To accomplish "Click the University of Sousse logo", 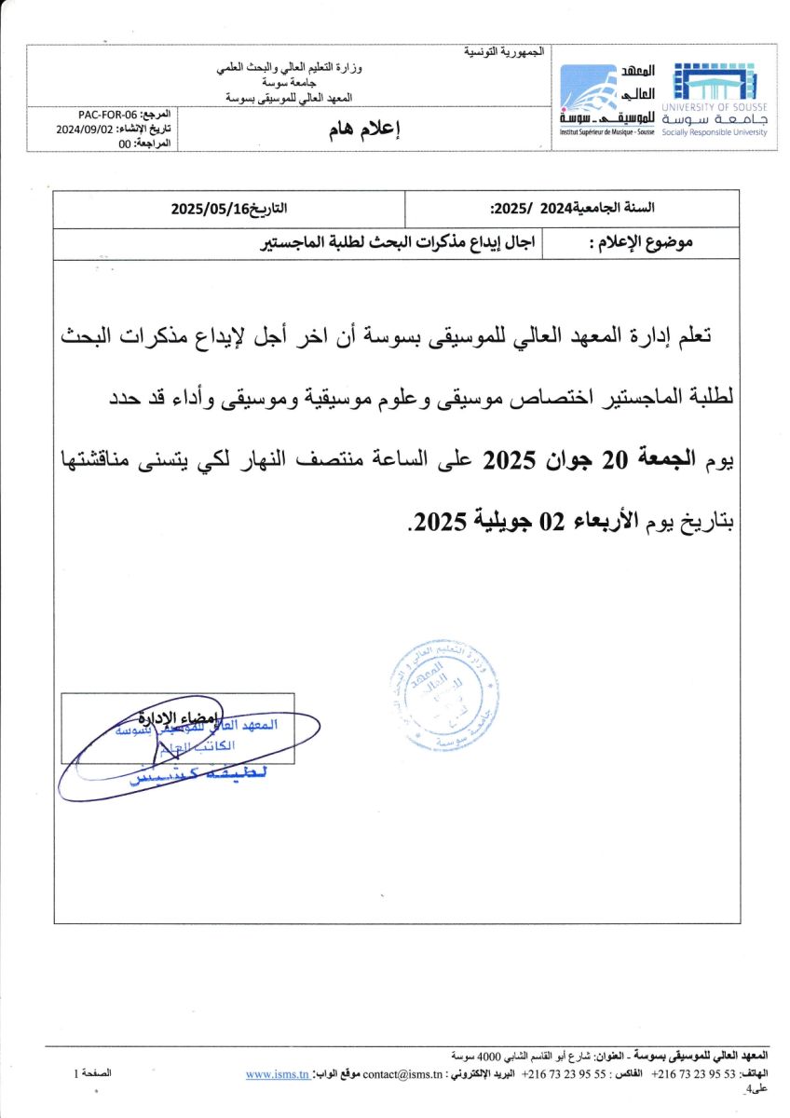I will coord(715,101).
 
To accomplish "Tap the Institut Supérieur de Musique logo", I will coord(607,101).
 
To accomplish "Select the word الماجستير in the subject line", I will coord(291,245).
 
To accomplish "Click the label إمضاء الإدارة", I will coord(178,717).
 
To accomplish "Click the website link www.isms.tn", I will coord(278,1074).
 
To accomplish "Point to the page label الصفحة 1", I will coord(93,1073).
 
